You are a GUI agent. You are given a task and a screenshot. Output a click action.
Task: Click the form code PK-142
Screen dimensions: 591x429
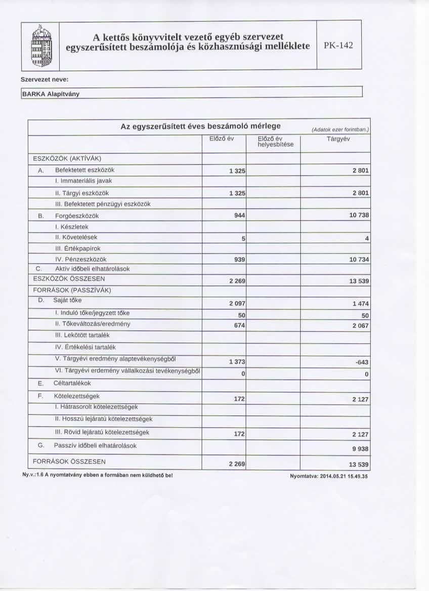click(x=338, y=46)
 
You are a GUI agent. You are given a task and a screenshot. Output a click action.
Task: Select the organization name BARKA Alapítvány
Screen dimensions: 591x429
click(x=51, y=94)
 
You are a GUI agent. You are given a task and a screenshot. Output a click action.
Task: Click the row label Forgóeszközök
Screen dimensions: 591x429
click(x=76, y=215)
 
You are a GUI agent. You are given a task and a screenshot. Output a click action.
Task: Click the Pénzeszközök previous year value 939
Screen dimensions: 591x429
click(x=239, y=260)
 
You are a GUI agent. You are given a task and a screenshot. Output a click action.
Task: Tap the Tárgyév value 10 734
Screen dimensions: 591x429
click(x=360, y=260)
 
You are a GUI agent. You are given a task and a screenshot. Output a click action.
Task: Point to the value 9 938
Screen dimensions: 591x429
click(x=362, y=449)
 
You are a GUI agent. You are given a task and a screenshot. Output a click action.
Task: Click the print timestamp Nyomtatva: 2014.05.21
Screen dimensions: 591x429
click(x=328, y=476)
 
